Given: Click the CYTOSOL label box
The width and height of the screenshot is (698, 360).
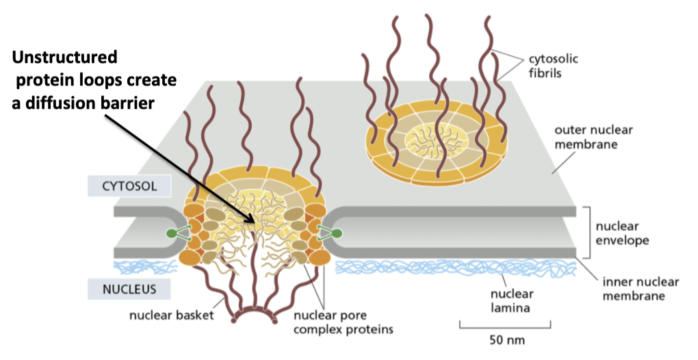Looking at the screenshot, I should (x=121, y=185).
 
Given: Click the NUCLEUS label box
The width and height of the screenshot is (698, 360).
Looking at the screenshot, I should (x=121, y=289).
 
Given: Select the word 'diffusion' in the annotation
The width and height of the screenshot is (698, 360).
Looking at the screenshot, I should (x=69, y=102).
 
